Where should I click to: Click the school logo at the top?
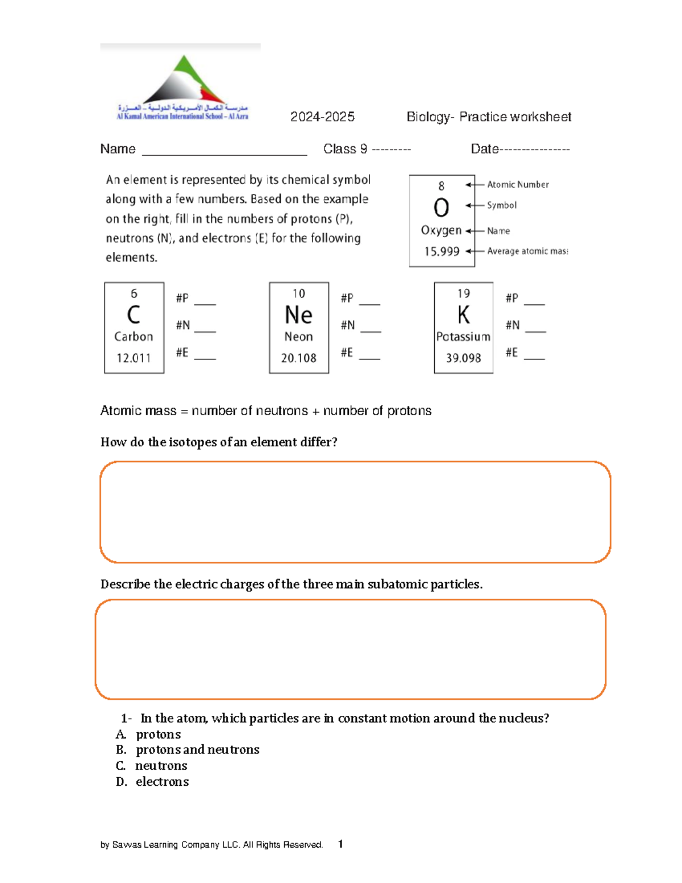182,85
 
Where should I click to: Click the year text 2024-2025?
322,117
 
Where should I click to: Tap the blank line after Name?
224,151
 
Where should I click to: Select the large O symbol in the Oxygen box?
441,208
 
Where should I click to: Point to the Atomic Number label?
518,185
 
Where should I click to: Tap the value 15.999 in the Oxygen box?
442,251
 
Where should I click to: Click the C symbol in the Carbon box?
134,315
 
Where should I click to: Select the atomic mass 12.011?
134,358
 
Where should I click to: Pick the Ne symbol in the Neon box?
298,315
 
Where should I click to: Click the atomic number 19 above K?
463,293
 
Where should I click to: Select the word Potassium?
463,337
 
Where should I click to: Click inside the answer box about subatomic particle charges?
350,649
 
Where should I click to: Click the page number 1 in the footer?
340,844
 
